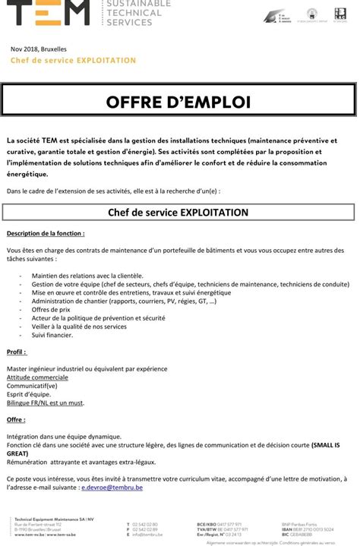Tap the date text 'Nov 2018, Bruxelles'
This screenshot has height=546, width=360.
pos(39,49)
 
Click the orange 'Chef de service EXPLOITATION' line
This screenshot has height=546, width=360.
pos(74,60)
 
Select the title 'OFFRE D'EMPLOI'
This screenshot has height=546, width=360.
pos(178,102)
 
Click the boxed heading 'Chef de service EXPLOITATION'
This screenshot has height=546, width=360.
pos(178,212)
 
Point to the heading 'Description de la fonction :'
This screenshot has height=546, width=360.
pos(46,233)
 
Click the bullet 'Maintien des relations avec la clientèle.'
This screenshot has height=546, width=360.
pos(87,276)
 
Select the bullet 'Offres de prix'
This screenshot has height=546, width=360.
pos(51,310)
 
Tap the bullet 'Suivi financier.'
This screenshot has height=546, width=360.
pos(52,335)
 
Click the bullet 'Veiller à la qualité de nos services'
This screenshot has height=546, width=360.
pos(79,327)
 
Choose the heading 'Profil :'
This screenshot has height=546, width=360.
pos(17,352)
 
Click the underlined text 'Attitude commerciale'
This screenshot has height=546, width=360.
pos(38,377)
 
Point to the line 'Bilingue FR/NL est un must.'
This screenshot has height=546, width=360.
pos(46,402)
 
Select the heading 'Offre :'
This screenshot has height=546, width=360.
pos(16,420)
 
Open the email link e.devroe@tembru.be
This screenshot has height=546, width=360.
pos(112,487)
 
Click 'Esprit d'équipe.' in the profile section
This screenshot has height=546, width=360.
pos(30,394)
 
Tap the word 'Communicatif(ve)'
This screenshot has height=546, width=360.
pos(33,386)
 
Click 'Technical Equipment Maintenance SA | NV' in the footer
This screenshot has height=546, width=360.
pos(53,519)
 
